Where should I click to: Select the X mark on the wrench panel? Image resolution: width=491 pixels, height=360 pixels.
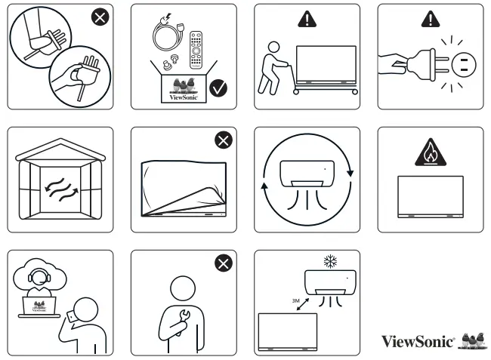pos(223,263)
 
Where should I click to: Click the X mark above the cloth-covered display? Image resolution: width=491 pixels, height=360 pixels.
pos(223,140)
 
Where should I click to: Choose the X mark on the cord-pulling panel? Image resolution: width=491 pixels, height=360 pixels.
pos(99,17)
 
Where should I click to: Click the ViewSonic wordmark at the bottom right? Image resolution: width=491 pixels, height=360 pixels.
pos(418,340)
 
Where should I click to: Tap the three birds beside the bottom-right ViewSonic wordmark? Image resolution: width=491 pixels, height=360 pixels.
pos(474,339)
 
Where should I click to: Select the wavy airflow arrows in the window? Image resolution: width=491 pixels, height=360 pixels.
pos(60,183)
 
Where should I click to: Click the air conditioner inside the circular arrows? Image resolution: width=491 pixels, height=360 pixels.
pos(307,173)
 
